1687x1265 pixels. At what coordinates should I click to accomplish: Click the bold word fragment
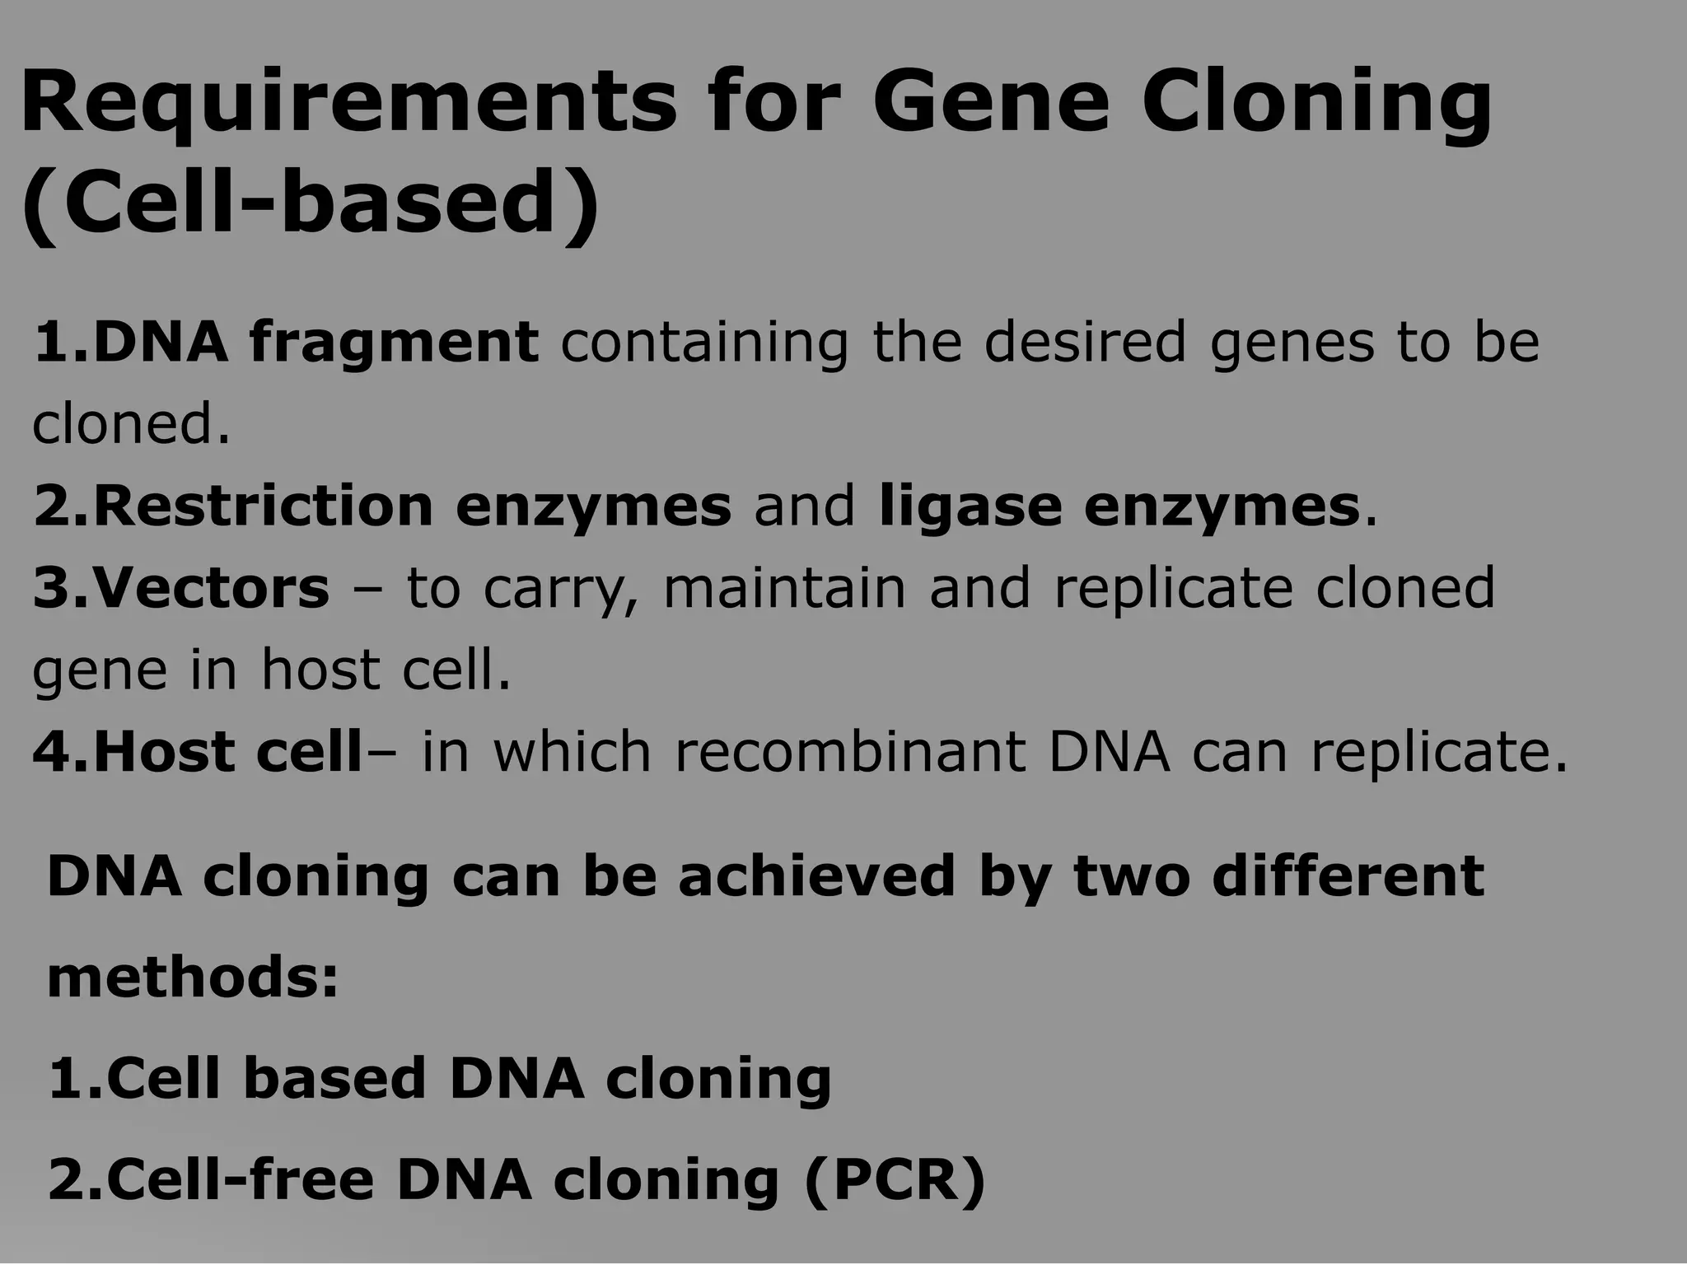[x=395, y=342]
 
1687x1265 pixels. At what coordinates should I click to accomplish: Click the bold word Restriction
[x=263, y=506]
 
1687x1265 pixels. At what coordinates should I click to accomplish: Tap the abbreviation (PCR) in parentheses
[x=895, y=1181]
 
